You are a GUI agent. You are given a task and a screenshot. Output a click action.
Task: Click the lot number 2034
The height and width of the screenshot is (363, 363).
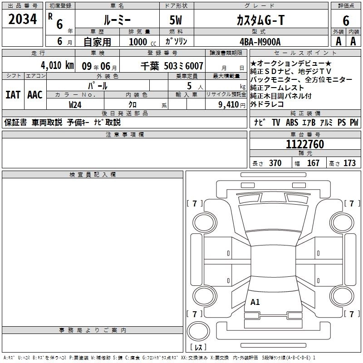tap(22, 19)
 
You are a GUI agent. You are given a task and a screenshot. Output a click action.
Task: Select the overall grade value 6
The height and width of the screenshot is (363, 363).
tap(346, 21)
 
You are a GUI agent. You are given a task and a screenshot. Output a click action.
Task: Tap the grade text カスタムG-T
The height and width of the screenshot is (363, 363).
tap(260, 20)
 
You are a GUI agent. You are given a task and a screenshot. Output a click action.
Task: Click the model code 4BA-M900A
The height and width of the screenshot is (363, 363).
tap(260, 42)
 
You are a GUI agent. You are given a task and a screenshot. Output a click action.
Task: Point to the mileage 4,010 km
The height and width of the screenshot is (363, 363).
tap(58, 65)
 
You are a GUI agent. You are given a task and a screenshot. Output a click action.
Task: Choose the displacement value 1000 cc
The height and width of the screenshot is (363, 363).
tap(142, 42)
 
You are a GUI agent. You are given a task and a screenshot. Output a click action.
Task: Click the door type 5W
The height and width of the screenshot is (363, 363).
tap(176, 20)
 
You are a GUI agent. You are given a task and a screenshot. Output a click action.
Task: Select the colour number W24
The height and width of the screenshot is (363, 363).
tap(75, 105)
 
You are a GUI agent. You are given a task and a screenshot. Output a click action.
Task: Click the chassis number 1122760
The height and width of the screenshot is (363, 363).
tap(305, 144)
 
